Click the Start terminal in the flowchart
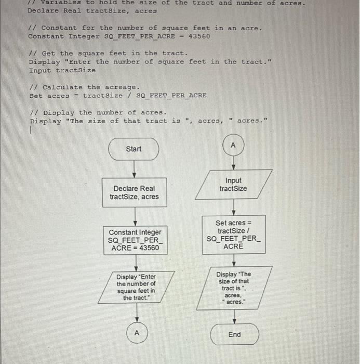tap(134, 149)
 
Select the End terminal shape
tap(234, 334)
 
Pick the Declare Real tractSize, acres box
tap(134, 192)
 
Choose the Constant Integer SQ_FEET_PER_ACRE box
tap(135, 240)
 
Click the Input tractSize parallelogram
tap(233, 185)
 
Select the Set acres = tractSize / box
tap(233, 235)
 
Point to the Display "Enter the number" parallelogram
tap(136, 287)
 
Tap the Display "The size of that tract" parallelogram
tap(233, 288)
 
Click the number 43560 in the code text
tap(199, 36)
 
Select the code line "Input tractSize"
tap(62, 70)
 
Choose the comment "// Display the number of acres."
tap(98, 112)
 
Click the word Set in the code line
tap(36, 96)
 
